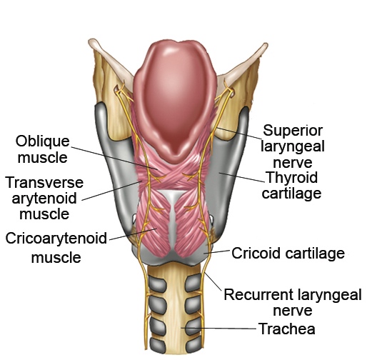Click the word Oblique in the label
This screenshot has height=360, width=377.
coord(42,142)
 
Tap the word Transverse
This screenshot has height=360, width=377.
coord(44,183)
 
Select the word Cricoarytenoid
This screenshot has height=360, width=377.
coord(56,239)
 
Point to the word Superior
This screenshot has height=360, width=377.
coord(293,131)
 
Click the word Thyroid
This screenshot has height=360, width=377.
coord(292,178)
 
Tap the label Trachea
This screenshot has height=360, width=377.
coord(287,329)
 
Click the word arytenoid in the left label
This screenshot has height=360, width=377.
coord(44,199)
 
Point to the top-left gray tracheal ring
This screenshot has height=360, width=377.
coord(158,284)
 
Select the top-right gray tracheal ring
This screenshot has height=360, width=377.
coord(193,283)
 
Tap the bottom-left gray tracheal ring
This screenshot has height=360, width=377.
coord(158,346)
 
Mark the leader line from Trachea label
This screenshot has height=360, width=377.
coord(218,328)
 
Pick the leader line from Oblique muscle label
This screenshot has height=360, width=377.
coord(115,159)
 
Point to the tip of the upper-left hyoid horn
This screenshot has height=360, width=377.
coord(91,41)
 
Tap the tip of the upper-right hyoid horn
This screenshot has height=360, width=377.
coord(266,45)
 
